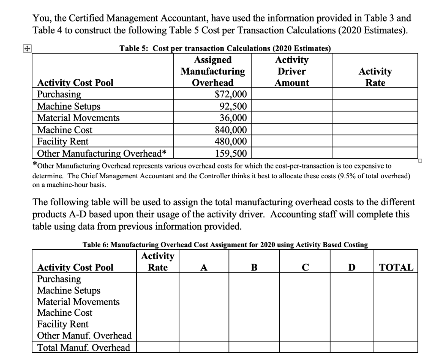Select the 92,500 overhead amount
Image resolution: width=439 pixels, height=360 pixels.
233,106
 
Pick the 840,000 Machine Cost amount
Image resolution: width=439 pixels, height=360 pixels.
230,130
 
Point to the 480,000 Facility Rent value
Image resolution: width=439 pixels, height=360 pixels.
230,141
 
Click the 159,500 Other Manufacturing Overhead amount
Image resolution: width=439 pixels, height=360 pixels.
230,153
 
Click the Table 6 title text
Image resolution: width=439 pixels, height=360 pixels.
225,245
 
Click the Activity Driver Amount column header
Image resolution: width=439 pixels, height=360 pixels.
292,71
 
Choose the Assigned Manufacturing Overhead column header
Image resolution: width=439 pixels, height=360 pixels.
213,71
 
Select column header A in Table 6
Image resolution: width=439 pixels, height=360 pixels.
204,268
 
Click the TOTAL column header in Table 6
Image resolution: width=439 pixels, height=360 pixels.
397,268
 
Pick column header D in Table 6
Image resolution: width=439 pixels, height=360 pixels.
352,268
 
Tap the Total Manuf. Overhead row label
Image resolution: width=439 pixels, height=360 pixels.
84,348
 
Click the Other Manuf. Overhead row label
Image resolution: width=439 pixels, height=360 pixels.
84,336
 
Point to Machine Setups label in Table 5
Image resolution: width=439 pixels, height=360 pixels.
69,106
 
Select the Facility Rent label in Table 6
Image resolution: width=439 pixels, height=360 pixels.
63,324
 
